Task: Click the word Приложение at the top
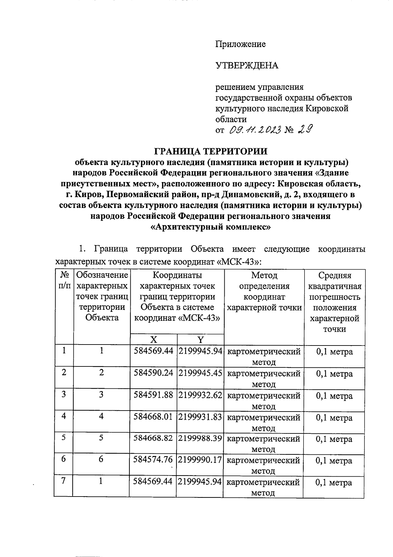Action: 240,44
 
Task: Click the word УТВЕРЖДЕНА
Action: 247,66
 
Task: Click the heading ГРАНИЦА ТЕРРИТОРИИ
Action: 211,151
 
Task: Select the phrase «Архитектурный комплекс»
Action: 210,227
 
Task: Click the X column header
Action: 153,339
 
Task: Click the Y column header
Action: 200,339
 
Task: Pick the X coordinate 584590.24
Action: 153,373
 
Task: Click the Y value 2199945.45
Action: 200,373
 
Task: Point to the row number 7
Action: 64,481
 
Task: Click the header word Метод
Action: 264,276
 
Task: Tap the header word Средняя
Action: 335,276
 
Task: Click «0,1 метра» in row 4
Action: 334,417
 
